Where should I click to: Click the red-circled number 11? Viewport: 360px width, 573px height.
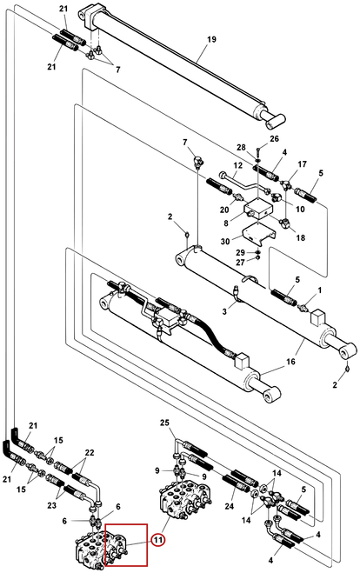[158, 540]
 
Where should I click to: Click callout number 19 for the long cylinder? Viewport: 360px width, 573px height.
[212, 39]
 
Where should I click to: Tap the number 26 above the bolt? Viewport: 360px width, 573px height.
[274, 138]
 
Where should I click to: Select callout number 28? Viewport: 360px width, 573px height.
[241, 147]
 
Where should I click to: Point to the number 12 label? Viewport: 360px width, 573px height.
[238, 165]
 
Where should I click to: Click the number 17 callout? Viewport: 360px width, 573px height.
[302, 164]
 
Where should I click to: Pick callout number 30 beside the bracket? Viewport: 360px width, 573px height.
[225, 242]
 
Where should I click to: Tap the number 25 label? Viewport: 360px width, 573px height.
[164, 423]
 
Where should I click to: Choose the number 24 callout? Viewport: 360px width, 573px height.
[230, 506]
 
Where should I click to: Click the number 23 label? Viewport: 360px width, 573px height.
[52, 505]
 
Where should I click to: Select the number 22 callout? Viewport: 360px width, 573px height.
[90, 452]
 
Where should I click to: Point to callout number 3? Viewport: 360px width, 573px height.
[224, 311]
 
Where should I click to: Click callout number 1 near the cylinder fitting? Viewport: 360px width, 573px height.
[320, 290]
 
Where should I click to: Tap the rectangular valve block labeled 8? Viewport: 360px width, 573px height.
[258, 209]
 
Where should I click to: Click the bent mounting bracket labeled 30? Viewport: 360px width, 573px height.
[259, 234]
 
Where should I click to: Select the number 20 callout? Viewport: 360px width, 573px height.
[224, 210]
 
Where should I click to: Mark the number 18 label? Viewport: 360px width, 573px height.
[300, 237]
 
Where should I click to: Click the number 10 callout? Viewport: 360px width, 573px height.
[300, 209]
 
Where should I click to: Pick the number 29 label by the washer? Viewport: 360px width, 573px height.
[240, 252]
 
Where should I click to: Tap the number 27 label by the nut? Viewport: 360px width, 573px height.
[240, 263]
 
